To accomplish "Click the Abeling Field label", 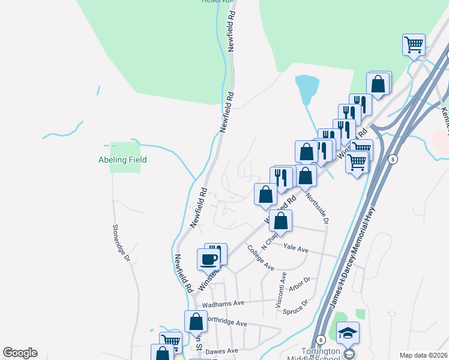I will pyautogui.click(x=122, y=160).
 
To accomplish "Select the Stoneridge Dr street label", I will pyautogui.click(x=121, y=242).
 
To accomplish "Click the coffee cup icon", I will pyautogui.click(x=209, y=259).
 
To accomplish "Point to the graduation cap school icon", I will pyautogui.click(x=348, y=332).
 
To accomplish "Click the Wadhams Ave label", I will pyautogui.click(x=223, y=305).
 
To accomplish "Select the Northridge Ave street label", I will pyautogui.click(x=226, y=323).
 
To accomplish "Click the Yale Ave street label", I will pyautogui.click(x=295, y=249).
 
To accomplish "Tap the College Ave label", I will pyautogui.click(x=261, y=259).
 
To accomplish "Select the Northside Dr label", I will pyautogui.click(x=317, y=208).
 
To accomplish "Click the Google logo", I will pyautogui.click(x=20, y=353).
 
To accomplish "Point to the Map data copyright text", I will pyautogui.click(x=423, y=355).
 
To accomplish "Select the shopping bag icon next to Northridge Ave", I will pyautogui.click(x=196, y=322).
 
